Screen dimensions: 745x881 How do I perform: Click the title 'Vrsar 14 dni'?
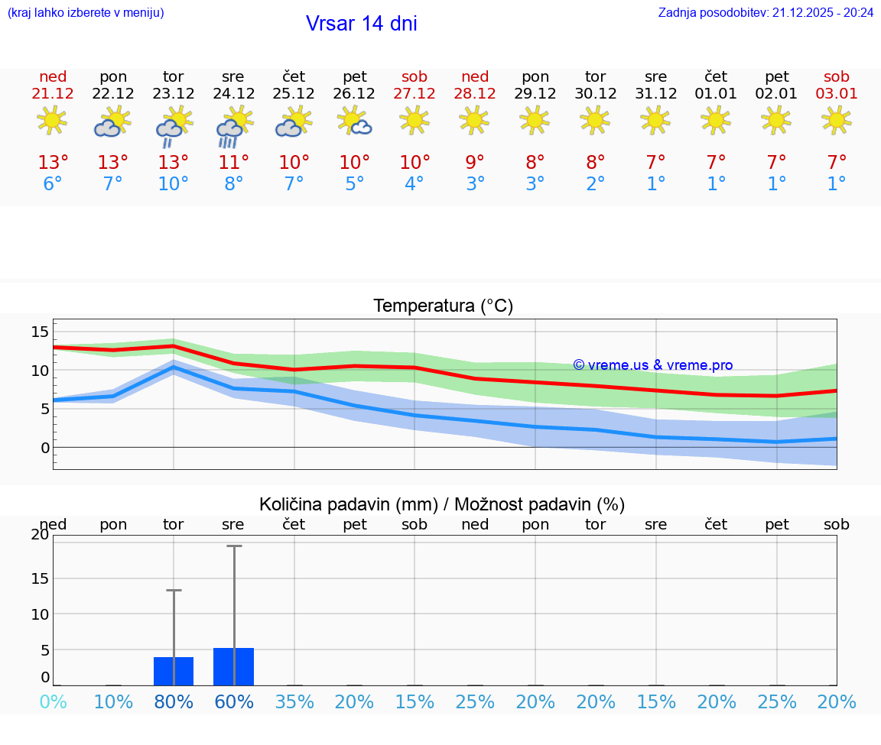coord(361,24)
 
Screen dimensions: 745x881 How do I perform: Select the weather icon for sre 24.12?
coord(233,126)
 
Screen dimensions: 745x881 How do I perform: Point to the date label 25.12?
coord(294,94)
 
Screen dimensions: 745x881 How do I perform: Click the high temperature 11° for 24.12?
coord(233,163)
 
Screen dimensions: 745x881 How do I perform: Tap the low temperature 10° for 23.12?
coord(173,184)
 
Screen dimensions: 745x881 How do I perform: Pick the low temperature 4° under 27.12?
coord(414,184)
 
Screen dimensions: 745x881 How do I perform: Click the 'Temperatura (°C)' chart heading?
coord(443,306)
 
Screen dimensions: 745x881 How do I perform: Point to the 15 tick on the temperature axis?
coord(40,332)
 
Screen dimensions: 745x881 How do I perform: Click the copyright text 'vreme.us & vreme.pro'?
coord(653,365)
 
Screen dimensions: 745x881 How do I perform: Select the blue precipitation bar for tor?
coord(174,671)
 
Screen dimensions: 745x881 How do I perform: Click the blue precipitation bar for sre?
coord(233,666)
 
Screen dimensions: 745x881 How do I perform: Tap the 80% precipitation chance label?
coord(174,701)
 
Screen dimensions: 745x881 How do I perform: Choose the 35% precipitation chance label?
coord(294,701)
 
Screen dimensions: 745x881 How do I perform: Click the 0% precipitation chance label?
coord(53,701)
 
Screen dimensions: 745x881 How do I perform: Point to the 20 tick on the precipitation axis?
coord(40,535)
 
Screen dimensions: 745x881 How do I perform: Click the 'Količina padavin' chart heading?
coord(442,504)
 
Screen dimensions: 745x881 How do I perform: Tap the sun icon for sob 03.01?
coord(836,120)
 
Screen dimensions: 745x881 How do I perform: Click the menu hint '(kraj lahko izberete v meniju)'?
coord(86,12)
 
